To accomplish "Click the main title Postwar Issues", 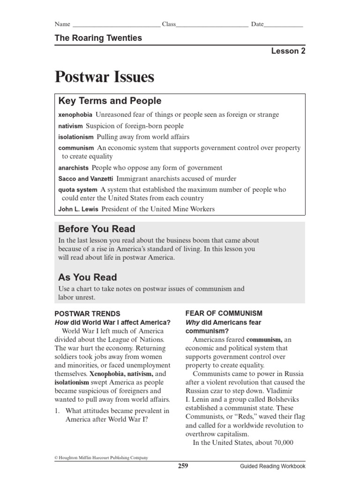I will coord(105,77).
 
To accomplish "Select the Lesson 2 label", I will coord(288,52).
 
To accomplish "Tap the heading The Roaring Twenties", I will coord(98,38).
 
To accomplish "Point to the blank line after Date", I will coord(284,25).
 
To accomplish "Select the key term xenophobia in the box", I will coord(75,115).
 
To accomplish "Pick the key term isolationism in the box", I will coord(76,137).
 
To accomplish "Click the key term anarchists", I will coord(74,168).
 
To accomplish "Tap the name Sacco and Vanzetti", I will coord(85,179).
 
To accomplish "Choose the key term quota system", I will coord(78,190).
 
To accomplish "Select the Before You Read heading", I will coord(97,229).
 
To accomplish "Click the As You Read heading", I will coord(88,277).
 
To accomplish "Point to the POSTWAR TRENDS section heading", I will coord(88,314).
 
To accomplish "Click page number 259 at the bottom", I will coord(183,466).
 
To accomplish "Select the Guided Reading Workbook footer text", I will coord(272,466).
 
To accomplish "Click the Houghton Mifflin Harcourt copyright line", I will coord(101,457).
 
